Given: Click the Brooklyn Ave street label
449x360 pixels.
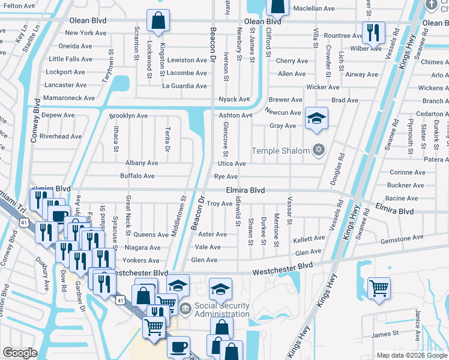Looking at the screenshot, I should [x=128, y=116].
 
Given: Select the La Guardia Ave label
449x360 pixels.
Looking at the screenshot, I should [x=184, y=86].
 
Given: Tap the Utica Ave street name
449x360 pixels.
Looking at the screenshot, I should [x=232, y=163].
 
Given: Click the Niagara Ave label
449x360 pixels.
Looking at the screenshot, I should [x=143, y=247].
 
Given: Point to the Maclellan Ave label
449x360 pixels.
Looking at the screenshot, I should [x=313, y=8].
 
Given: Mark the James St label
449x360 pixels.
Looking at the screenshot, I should [x=385, y=334].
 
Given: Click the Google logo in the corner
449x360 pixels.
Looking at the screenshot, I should [x=20, y=353].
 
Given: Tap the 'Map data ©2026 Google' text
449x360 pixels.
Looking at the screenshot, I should [x=412, y=355].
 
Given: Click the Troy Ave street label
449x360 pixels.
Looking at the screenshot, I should [x=219, y=204].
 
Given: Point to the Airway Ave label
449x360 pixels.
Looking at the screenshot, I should [x=362, y=74].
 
